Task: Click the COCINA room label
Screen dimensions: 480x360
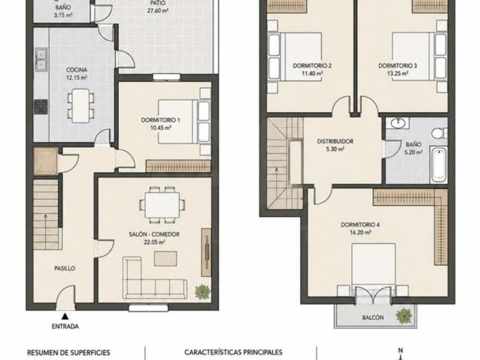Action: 77,70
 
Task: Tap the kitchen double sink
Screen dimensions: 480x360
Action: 41,59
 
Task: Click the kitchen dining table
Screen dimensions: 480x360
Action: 81,106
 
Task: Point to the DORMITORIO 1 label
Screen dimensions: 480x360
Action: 161,120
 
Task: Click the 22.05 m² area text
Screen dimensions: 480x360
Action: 154,242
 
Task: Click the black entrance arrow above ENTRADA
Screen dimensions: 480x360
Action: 65,315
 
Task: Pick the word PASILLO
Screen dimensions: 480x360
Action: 65,269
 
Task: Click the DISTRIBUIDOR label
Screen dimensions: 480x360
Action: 335,142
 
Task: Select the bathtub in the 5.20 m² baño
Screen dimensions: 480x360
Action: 438,165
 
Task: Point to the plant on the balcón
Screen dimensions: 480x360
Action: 403,316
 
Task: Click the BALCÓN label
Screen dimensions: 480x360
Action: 373,318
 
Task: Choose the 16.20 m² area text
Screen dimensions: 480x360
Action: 361,233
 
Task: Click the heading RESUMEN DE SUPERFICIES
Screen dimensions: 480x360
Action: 69,353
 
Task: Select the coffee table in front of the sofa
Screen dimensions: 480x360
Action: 166,259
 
